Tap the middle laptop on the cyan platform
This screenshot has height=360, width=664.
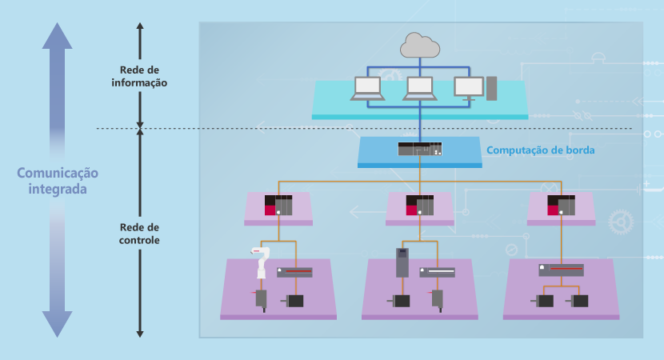pos(420,88)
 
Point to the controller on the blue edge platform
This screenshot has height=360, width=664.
pos(420,149)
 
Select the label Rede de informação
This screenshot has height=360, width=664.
pos(140,76)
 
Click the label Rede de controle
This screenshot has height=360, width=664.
pos(140,233)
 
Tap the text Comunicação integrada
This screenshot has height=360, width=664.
pos(58,182)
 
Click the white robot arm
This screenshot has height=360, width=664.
pos(262,261)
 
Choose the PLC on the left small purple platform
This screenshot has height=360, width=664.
pos(279,205)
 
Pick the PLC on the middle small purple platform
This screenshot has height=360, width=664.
pos(420,205)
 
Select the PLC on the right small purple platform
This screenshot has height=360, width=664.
pos(560,205)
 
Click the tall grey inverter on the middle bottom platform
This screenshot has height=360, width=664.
pos(402,262)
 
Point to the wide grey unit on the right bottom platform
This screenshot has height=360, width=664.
pos(561,270)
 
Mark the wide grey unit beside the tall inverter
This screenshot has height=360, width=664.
pos(437,272)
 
